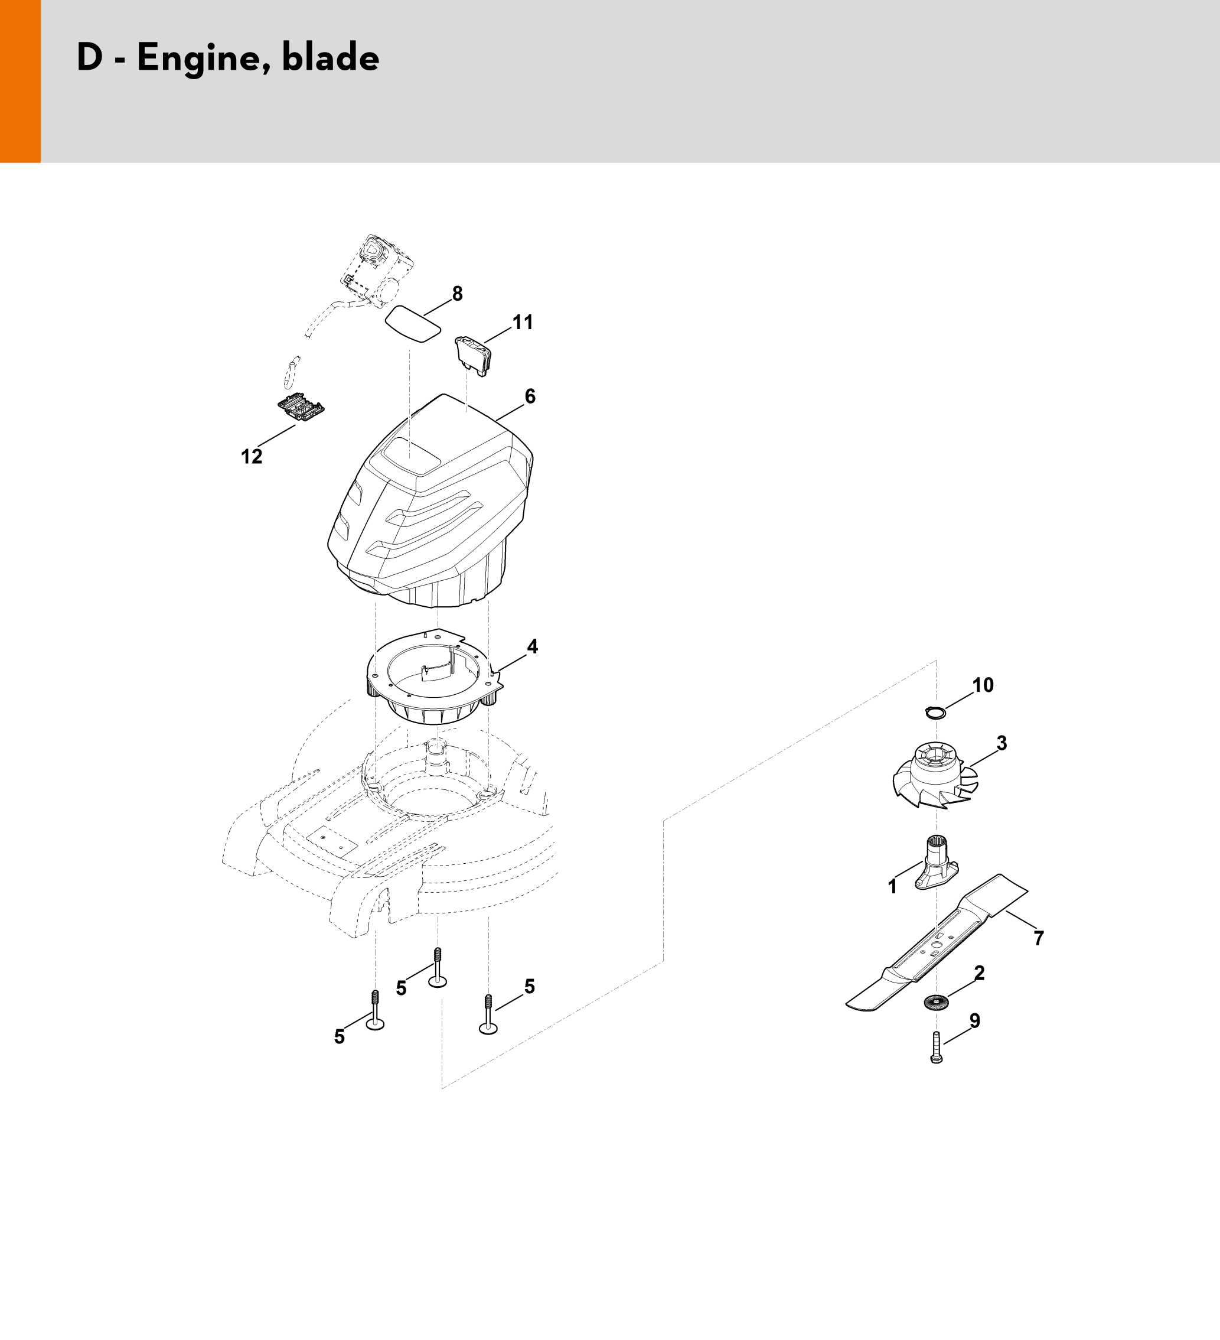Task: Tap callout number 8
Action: pyautogui.click(x=457, y=293)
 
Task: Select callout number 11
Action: pyautogui.click(x=523, y=323)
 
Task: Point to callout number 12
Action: pyautogui.click(x=252, y=457)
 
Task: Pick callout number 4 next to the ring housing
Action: pyautogui.click(x=532, y=646)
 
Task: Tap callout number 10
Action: pyautogui.click(x=983, y=685)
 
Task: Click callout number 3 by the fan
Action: pyautogui.click(x=1002, y=743)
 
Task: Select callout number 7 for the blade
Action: pyautogui.click(x=1039, y=938)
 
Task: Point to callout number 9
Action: pyautogui.click(x=975, y=1020)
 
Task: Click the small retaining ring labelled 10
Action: pyautogui.click(x=935, y=713)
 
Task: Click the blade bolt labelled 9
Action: pyautogui.click(x=937, y=1047)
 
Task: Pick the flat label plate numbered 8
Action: pyautogui.click(x=413, y=324)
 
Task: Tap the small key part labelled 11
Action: pyautogui.click(x=474, y=356)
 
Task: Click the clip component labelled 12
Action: pyautogui.click(x=301, y=409)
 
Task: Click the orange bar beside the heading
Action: pyautogui.click(x=20, y=81)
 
